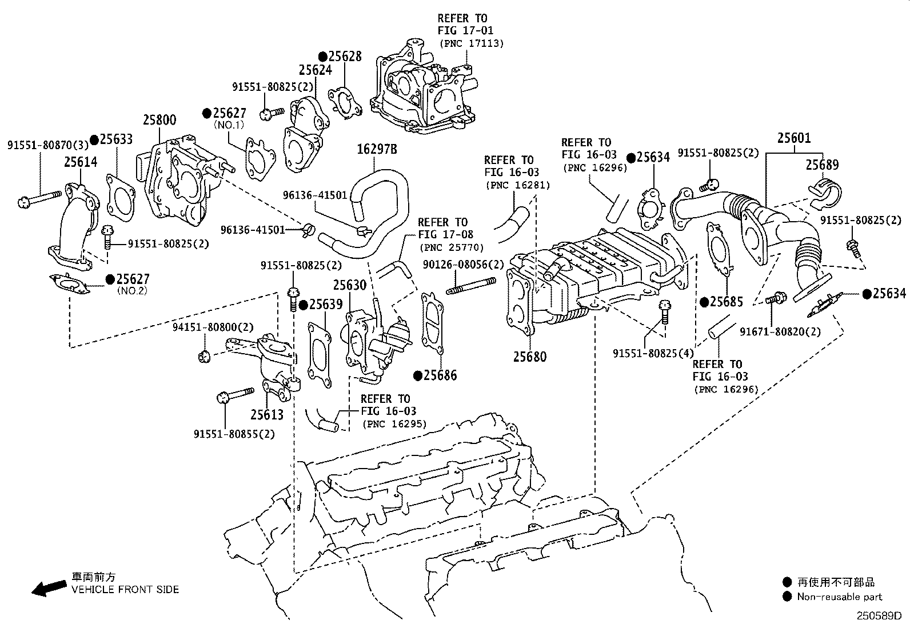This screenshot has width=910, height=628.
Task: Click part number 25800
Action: (x=159, y=120)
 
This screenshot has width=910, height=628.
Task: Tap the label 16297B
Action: (x=377, y=149)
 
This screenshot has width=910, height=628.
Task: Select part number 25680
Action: (x=530, y=357)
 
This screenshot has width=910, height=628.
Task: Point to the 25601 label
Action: (x=794, y=138)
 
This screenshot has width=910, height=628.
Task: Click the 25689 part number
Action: (x=822, y=165)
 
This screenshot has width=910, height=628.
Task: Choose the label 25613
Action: (x=267, y=414)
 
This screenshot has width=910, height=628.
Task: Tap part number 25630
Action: (x=350, y=285)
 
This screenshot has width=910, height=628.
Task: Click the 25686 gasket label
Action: (x=440, y=375)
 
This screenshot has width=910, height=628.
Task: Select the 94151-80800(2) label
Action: (x=213, y=327)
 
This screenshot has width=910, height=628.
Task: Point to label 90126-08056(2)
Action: (x=463, y=265)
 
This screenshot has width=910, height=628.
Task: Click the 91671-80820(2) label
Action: (x=780, y=332)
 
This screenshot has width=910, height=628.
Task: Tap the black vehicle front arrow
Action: (x=50, y=587)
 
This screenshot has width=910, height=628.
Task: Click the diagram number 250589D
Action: (x=879, y=616)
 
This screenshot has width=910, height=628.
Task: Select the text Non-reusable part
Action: (x=840, y=597)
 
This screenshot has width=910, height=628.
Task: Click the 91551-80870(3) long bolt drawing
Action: (x=39, y=198)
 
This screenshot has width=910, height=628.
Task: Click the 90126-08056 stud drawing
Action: (x=471, y=286)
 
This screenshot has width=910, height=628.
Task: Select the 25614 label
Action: (x=81, y=162)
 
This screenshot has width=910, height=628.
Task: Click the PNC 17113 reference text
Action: (x=471, y=43)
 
